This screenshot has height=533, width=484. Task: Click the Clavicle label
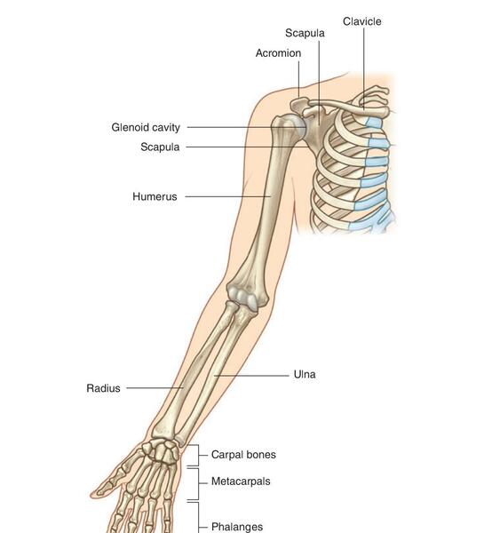pos(361,21)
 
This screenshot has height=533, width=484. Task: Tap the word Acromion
pos(278,53)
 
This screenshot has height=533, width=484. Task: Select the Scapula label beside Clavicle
pos(305,33)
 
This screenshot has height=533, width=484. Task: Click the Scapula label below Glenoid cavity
pos(160,147)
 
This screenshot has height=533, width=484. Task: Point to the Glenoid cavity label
pos(146,127)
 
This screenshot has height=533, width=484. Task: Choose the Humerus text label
pos(155,196)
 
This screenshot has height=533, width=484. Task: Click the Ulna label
pos(305,374)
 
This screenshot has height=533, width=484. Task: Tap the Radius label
pos(103,388)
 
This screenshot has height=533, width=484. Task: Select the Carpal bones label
pos(243,455)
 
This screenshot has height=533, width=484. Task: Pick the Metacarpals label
pos(241,481)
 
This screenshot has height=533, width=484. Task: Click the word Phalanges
pos(237,527)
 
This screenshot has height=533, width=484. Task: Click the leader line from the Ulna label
pos(251,376)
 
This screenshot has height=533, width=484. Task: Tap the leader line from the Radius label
pos(155,388)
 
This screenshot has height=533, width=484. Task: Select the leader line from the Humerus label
pos(228,196)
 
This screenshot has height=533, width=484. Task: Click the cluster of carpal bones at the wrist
pos(160,450)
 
